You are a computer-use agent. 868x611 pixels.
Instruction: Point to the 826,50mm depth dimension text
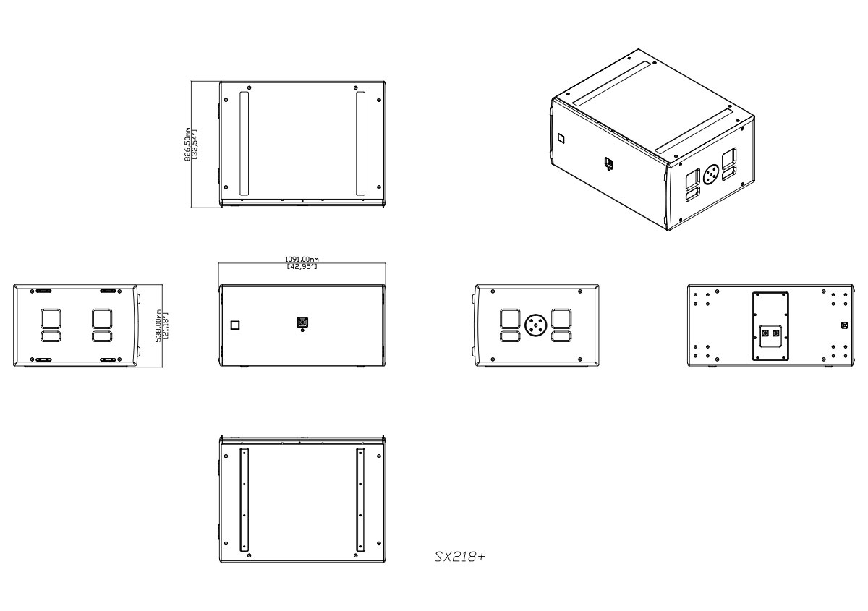[187, 146]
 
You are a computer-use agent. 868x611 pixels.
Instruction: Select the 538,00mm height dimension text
[159, 326]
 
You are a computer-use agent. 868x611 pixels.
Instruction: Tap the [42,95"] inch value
[302, 267]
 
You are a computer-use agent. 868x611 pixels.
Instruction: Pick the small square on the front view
[234, 325]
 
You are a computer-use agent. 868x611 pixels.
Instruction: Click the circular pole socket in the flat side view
[536, 325]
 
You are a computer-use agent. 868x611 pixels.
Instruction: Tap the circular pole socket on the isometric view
[710, 174]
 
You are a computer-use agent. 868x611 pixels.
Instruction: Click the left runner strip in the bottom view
[244, 498]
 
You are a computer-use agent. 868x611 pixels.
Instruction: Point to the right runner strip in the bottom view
[360, 498]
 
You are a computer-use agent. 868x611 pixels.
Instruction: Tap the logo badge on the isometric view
[609, 164]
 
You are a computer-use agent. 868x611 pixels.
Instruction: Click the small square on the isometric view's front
[561, 137]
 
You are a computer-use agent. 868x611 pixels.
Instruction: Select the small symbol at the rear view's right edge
[845, 325]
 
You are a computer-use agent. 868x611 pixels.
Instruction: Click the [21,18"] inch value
[166, 326]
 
